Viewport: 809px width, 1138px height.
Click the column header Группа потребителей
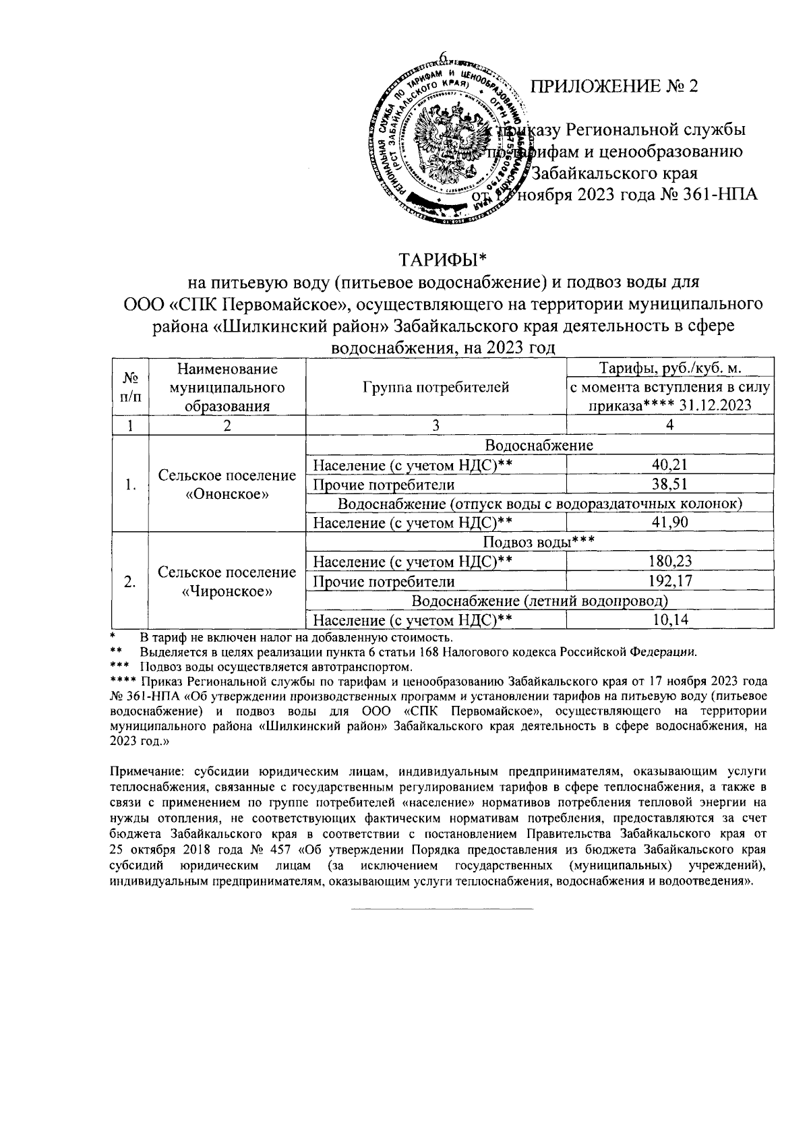pyautogui.click(x=436, y=387)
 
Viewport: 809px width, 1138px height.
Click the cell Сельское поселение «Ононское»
pyautogui.click(x=227, y=484)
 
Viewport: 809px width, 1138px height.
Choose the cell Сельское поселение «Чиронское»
pyautogui.click(x=227, y=581)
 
